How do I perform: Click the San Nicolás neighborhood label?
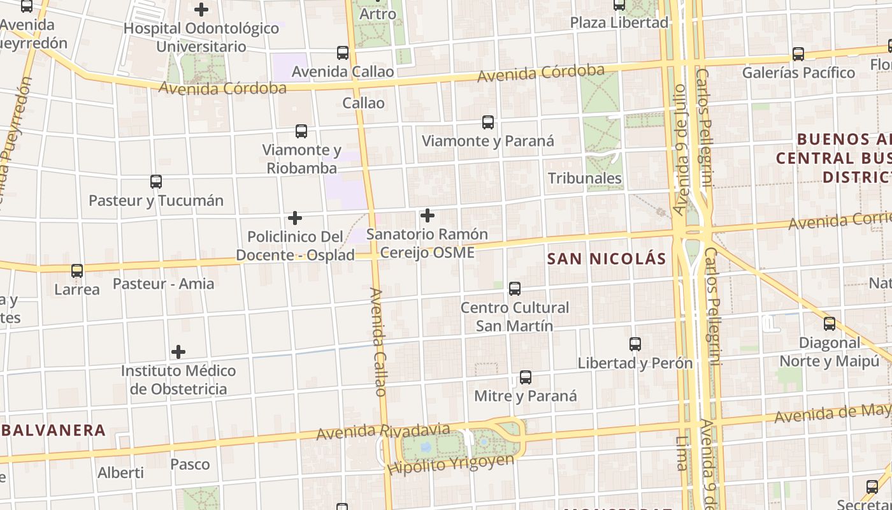(607, 259)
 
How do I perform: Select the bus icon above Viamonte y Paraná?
(488, 122)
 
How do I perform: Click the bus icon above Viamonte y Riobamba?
(301, 132)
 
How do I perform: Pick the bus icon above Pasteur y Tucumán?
(156, 182)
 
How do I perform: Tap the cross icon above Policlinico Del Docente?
(295, 218)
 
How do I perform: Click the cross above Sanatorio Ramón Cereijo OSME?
(428, 215)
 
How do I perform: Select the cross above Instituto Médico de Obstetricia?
(178, 352)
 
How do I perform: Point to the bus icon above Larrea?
(77, 271)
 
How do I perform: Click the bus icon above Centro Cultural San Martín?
(515, 289)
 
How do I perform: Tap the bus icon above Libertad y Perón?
(635, 344)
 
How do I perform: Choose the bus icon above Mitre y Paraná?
(526, 377)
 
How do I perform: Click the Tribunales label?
(585, 178)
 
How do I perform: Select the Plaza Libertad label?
(619, 23)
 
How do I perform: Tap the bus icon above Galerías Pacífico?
(798, 54)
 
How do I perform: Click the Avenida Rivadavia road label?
(383, 432)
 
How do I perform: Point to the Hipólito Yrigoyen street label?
(450, 465)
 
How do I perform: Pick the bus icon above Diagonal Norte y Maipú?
(830, 324)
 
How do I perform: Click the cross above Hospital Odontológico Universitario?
(201, 10)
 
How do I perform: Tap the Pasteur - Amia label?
(164, 284)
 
